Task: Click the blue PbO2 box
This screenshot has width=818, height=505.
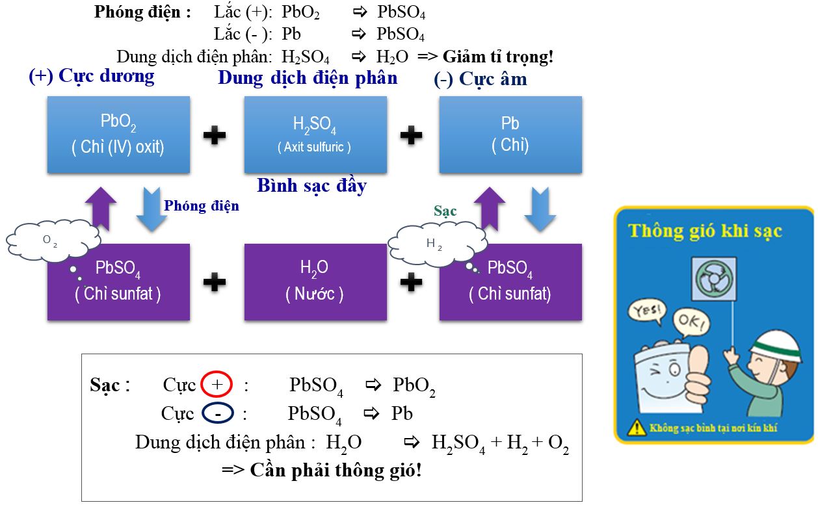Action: point(118,135)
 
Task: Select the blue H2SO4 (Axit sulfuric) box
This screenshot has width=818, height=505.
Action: point(315,135)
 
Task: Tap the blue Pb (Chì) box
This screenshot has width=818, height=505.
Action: point(510,135)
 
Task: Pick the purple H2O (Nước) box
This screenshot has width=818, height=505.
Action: point(315,281)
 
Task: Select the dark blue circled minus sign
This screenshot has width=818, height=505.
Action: point(218,413)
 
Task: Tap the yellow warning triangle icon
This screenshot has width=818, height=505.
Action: point(634,428)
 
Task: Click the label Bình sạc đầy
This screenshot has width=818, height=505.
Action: point(312,186)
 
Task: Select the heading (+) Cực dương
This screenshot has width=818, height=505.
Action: point(92,76)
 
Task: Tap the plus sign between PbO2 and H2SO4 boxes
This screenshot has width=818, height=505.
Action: point(215,135)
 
